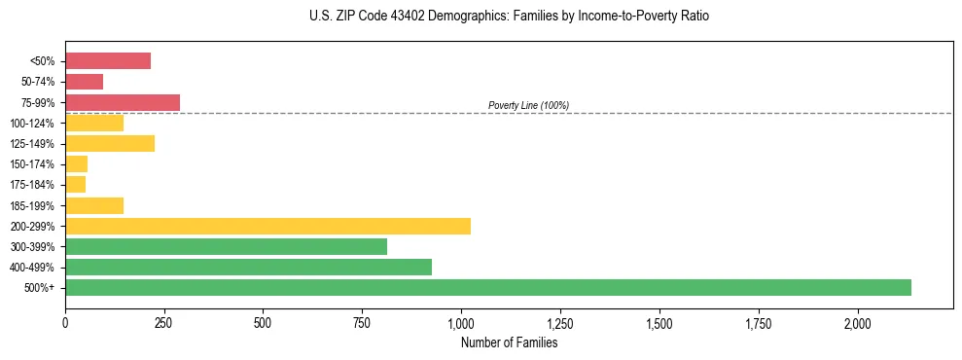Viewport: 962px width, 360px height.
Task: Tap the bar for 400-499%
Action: (x=248, y=267)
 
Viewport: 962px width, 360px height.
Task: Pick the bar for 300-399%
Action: (x=226, y=246)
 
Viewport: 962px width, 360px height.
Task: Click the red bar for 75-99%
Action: (x=123, y=102)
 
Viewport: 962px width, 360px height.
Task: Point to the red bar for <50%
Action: (x=108, y=61)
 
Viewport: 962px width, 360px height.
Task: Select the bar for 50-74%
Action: (x=84, y=82)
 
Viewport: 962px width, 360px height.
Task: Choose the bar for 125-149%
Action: (x=110, y=144)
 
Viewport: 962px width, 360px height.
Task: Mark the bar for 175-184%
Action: (x=75, y=185)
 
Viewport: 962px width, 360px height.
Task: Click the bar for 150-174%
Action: (x=76, y=164)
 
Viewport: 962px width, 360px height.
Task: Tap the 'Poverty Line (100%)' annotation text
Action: (x=528, y=105)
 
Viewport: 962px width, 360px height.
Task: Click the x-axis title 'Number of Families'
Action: (x=509, y=342)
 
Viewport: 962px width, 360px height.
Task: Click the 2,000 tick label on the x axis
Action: (x=857, y=322)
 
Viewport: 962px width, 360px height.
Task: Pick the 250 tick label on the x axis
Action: (x=164, y=322)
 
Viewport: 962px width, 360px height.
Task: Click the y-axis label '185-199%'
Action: (x=37, y=205)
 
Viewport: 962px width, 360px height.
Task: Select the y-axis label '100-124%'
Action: (x=37, y=124)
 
